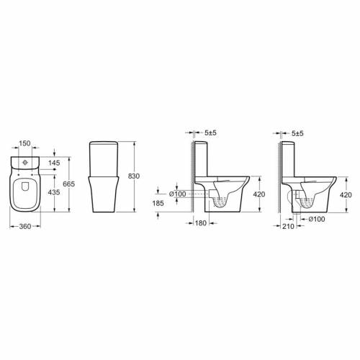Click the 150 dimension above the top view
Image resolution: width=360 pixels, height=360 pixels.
[x=25, y=143]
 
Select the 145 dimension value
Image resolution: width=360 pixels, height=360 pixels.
[x=54, y=163]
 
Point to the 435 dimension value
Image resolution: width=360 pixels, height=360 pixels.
[x=54, y=192]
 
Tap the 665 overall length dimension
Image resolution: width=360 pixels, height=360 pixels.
[x=68, y=184]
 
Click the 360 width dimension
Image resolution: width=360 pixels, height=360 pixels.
[x=25, y=226]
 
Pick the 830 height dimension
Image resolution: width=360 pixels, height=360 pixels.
[x=134, y=176]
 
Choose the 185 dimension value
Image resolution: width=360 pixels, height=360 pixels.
[x=158, y=203]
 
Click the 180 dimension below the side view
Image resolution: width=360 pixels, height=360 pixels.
[x=201, y=223]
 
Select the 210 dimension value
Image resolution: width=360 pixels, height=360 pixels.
[x=288, y=226]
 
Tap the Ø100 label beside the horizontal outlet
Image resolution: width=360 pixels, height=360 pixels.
[x=178, y=194]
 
